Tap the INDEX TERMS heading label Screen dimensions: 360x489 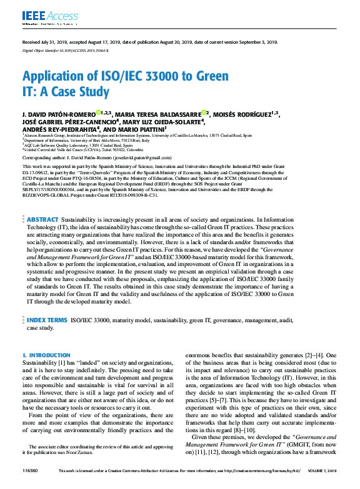(47, 320)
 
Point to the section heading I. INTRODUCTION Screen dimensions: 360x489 (46, 355)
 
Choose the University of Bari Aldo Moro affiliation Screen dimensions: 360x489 (87, 140)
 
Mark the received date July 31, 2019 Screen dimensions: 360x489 (52, 42)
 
